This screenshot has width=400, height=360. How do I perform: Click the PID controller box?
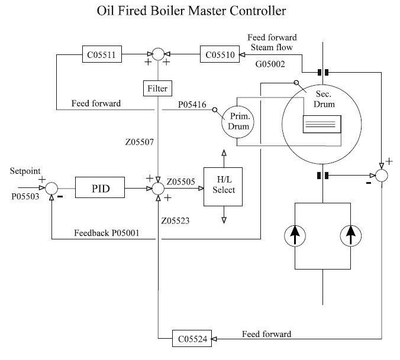pyautogui.click(x=100, y=189)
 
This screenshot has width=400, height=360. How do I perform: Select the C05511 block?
pyautogui.click(x=102, y=56)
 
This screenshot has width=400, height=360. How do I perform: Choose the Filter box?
pyautogui.click(x=157, y=89)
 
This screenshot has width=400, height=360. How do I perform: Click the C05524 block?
pyautogui.click(x=193, y=339)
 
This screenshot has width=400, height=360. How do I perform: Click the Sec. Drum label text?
pyautogui.click(x=324, y=99)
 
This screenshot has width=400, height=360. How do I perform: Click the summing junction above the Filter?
pyautogui.click(x=157, y=56)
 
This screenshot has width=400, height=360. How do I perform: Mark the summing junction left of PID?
pyautogui.click(x=52, y=189)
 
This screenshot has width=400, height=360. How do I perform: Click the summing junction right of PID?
pyautogui.click(x=158, y=189)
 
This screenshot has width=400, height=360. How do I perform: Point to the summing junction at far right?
pyautogui.click(x=382, y=176)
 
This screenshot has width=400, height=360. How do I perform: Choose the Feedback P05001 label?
pyautogui.click(x=107, y=233)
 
